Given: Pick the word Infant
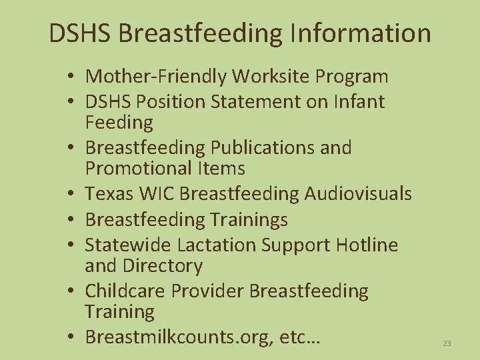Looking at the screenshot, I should coord(361,102).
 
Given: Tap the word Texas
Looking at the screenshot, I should coord(109,193).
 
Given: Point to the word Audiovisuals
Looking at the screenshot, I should coord(358,193).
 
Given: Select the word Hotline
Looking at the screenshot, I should coord(366,245).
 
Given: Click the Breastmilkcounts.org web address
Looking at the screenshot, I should coord(174,337).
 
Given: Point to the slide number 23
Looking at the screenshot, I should coord(447,343).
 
